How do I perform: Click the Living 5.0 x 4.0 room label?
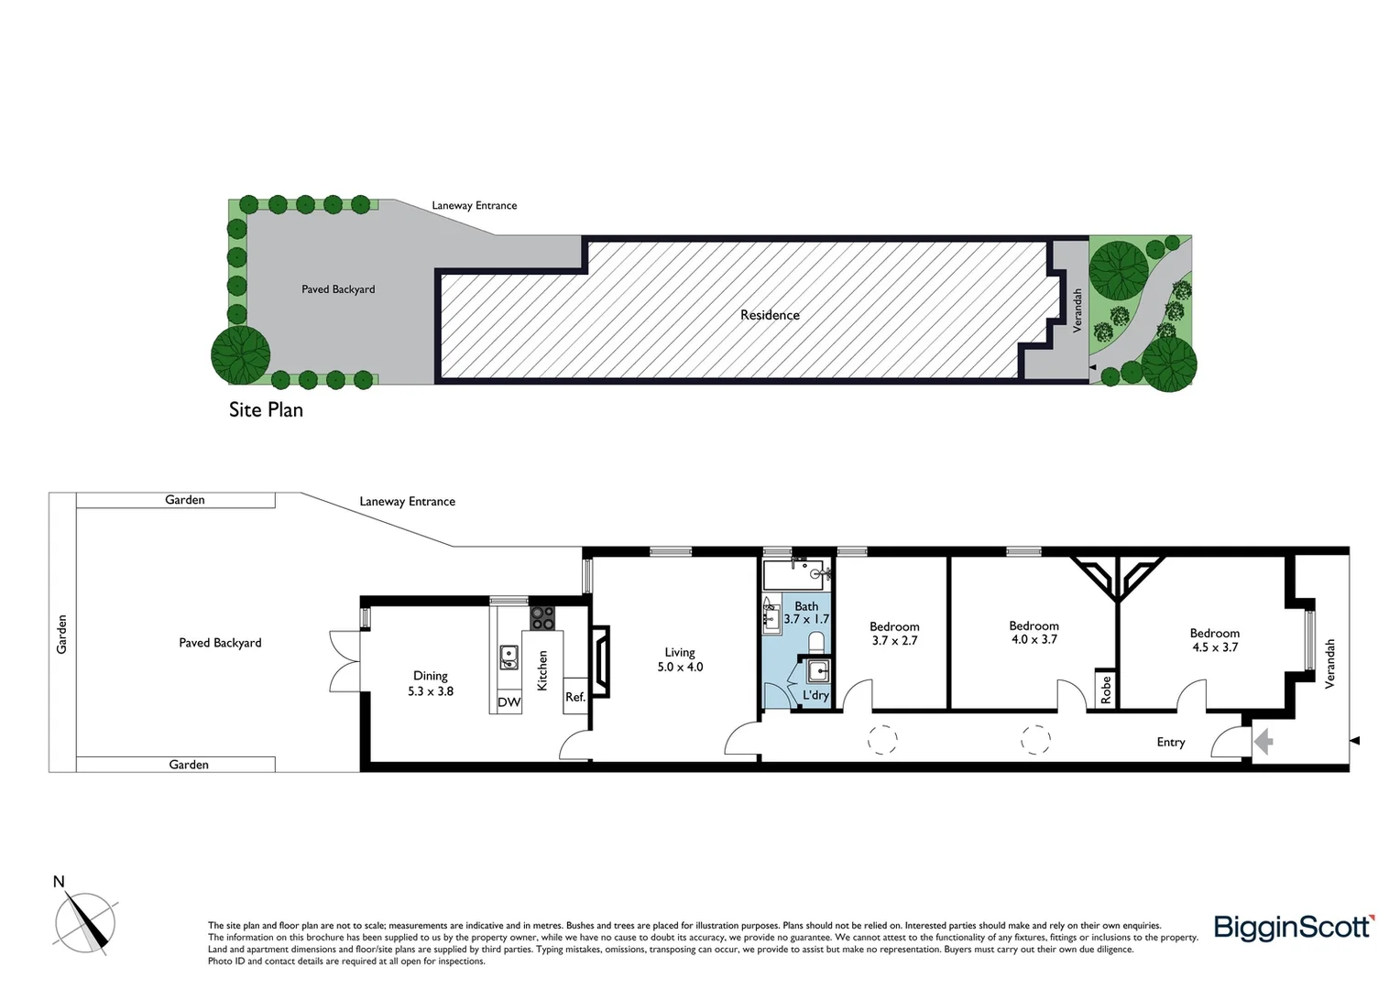[680, 659]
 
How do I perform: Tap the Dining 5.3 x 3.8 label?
[431, 683]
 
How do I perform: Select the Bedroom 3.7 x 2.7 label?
[894, 634]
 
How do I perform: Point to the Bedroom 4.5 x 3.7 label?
[1214, 639]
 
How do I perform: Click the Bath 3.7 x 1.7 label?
[806, 613]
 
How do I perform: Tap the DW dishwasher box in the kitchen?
[509, 702]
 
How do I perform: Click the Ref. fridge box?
[574, 697]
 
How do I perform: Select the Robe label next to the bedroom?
[1106, 689]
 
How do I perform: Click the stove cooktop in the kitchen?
[542, 618]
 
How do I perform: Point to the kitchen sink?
[508, 658]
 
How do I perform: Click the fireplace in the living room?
[601, 657]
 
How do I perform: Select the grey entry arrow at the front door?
[1263, 740]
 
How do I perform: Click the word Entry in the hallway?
[1170, 742]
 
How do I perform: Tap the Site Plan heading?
[266, 409]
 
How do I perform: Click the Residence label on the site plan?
[770, 315]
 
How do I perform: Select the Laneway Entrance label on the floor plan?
[407, 502]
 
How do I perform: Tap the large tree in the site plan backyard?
[241, 354]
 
